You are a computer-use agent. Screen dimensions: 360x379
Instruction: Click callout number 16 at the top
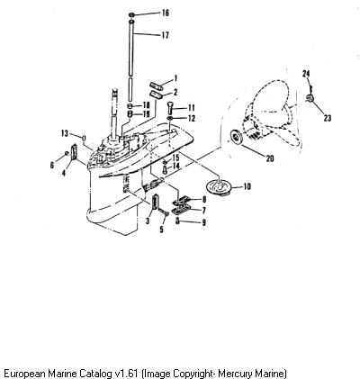[166, 13]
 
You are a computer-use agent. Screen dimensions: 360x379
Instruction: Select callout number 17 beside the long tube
[166, 35]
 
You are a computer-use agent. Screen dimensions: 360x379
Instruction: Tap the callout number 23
[328, 118]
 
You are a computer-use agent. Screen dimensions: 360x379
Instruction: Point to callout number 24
[306, 73]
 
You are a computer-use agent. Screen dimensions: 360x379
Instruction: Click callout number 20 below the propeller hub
[270, 158]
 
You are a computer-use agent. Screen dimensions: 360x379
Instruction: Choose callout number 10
[247, 186]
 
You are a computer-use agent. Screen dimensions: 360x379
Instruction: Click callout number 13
[65, 133]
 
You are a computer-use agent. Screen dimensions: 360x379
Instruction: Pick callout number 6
[52, 165]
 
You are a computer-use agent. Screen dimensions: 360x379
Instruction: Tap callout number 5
[162, 230]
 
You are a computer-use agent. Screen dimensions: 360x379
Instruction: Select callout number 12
[191, 118]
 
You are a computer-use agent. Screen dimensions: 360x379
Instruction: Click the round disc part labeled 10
[219, 186]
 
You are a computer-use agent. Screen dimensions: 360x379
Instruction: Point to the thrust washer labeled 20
[235, 137]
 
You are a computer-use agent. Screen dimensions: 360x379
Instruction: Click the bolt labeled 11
[170, 108]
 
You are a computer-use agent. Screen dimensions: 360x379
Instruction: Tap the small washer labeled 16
[131, 14]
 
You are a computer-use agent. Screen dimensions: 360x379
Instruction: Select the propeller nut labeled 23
[310, 98]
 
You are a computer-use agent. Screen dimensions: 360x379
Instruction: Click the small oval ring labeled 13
[84, 139]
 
